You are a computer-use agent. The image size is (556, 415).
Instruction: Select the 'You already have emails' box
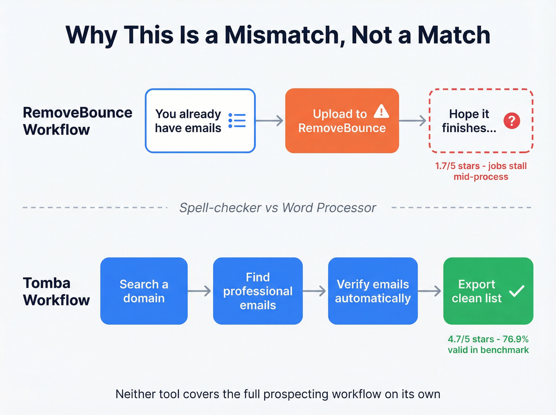[x=200, y=121]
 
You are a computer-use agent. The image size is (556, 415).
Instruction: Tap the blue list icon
[x=237, y=120]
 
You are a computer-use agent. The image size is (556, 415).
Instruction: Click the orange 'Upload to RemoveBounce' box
[x=342, y=121]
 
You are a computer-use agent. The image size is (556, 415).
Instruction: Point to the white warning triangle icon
[x=381, y=111]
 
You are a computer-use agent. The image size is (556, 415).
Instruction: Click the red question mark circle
[x=512, y=121]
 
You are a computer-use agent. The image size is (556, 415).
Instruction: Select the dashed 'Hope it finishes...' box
[x=481, y=121]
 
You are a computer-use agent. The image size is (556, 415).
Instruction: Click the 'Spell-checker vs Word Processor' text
[x=278, y=208]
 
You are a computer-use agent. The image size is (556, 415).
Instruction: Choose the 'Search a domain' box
[x=144, y=291]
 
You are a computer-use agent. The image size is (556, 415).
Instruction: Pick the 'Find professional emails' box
[x=258, y=291]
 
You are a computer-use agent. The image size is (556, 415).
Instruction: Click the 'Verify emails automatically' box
[x=373, y=291]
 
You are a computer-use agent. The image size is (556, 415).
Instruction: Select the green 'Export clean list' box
[x=488, y=291]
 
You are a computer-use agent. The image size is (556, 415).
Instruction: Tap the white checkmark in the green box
[x=517, y=291]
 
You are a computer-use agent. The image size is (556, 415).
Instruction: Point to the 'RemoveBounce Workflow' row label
[x=77, y=121]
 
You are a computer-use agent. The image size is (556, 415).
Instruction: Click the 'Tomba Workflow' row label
[x=56, y=291]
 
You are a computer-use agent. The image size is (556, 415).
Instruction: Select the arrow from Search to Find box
[x=200, y=291]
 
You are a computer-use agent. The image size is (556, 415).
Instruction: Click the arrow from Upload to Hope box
[x=413, y=121]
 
